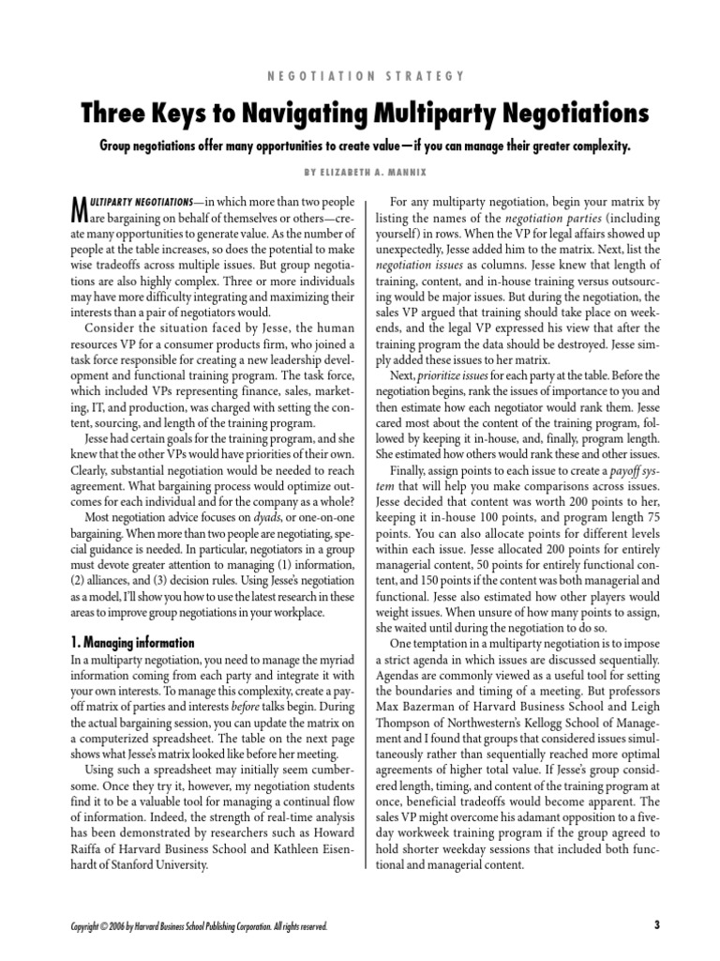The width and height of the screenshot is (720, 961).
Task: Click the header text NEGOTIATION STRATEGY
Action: click(360, 75)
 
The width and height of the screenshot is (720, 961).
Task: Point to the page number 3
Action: click(657, 924)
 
